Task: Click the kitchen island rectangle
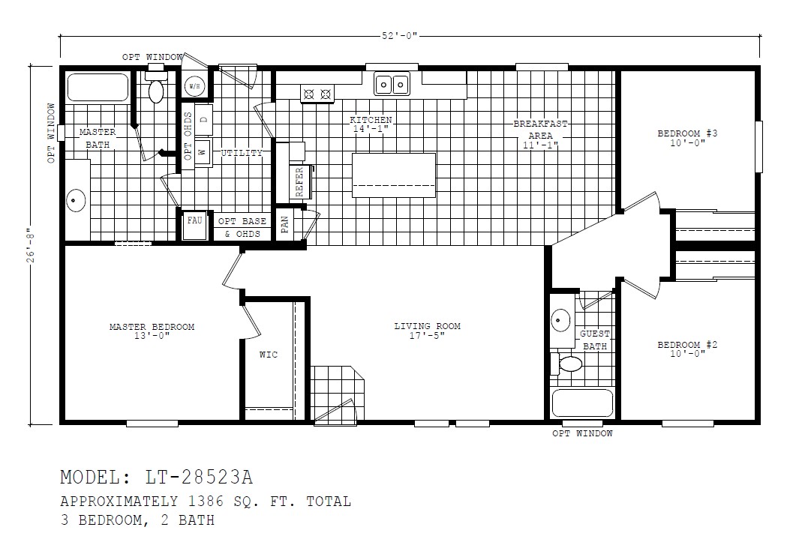pos(394,175)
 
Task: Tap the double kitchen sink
pos(392,84)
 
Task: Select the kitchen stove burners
pos(317,94)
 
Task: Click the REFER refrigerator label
pos(299,181)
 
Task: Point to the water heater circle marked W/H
pos(195,86)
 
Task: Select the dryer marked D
pos(203,120)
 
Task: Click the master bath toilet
pos(156,89)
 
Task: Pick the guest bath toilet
pos(569,364)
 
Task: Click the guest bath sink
pos(560,321)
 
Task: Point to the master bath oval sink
pos(75,200)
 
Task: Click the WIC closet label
pos(268,355)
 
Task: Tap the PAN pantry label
pos(285,225)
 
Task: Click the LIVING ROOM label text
pos(427,326)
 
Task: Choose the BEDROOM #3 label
pos(687,133)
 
